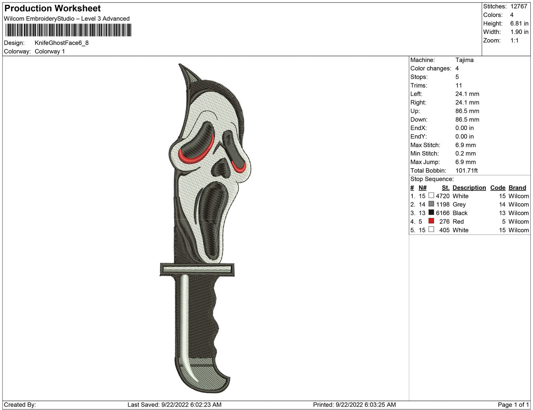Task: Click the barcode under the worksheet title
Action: pos(68,30)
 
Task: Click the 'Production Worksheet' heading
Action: pos(52,8)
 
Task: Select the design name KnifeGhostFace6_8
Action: pos(62,43)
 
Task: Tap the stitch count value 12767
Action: pos(519,6)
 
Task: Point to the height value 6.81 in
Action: pos(519,24)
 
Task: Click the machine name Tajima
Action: pos(464,60)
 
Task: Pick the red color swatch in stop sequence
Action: pos(431,221)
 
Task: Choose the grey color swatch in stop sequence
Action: pos(431,204)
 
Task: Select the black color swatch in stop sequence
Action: pos(431,212)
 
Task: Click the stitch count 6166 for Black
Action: pos(443,213)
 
